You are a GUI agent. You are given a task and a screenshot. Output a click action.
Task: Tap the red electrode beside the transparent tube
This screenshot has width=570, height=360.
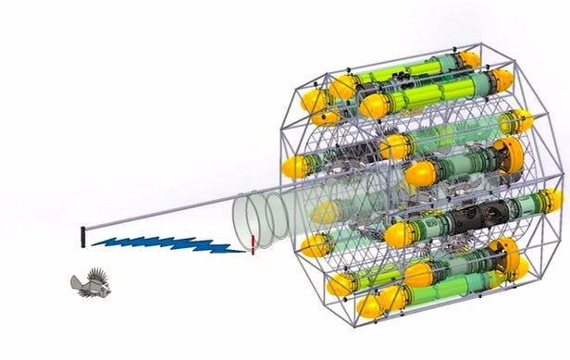point(252,245)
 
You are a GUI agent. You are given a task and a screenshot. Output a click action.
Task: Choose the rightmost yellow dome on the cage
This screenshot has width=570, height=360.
point(553,200)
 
